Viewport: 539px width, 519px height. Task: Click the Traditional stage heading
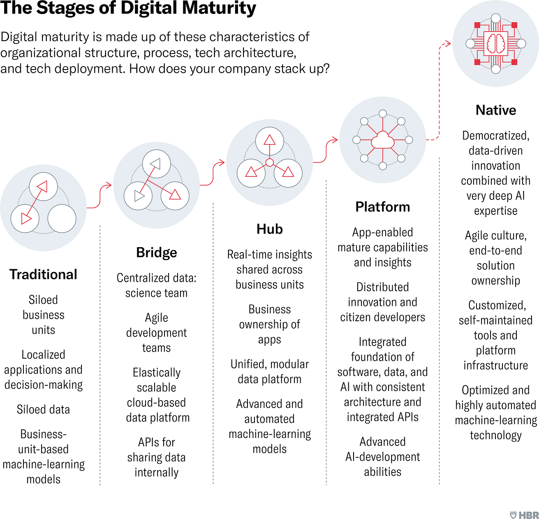pos(43,274)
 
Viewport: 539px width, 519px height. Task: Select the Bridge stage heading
pos(157,253)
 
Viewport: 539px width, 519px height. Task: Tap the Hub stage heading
pos(270,229)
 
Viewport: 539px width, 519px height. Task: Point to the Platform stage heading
pos(382,207)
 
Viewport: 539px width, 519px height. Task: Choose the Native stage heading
pos(496,110)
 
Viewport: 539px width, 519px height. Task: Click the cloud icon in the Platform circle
pos(382,140)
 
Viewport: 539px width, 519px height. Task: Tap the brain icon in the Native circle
pos(496,44)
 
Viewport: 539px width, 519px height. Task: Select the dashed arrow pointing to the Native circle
pos(439,91)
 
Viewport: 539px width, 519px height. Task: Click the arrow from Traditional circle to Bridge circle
pos(99,196)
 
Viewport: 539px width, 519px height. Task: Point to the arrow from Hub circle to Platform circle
pos(326,151)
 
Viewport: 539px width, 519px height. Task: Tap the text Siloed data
pos(43,409)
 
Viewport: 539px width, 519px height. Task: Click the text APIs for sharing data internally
pos(157,457)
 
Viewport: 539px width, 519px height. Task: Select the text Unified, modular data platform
pos(270,372)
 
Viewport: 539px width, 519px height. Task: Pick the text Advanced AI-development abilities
pos(382,456)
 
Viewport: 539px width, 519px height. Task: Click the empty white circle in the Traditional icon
pos(62,219)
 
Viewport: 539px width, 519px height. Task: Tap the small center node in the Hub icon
pos(270,163)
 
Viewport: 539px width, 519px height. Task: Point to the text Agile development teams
pos(157,333)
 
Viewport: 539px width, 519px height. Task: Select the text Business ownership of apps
pos(270,324)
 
